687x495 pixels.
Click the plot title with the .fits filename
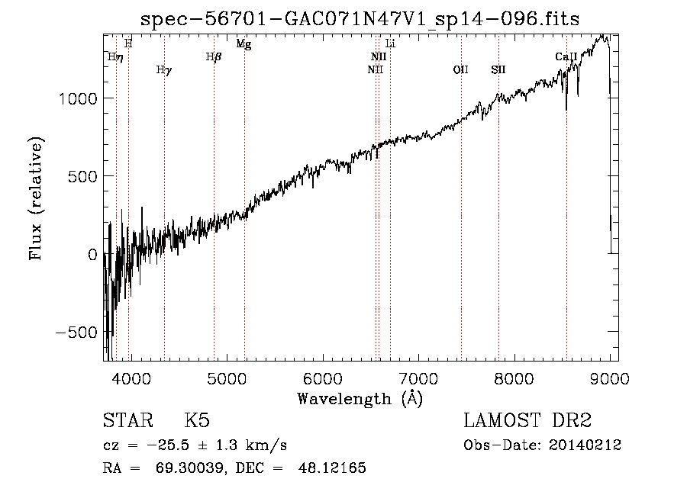[x=360, y=19]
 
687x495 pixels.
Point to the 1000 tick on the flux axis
[x=78, y=98]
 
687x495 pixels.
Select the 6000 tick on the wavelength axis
[x=323, y=378]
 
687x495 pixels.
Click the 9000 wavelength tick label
[x=609, y=378]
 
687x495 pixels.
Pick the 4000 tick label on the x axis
[x=131, y=378]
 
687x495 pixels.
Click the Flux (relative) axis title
[x=36, y=198]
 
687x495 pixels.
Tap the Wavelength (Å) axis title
[x=360, y=399]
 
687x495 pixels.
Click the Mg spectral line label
[x=244, y=43]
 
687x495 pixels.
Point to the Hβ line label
[x=214, y=57]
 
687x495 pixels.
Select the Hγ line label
[x=164, y=70]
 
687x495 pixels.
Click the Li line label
[x=390, y=43]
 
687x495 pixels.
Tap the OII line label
[x=460, y=69]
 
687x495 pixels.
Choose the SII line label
[x=498, y=69]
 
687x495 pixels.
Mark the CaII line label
[x=566, y=56]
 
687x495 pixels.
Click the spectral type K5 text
[x=197, y=420]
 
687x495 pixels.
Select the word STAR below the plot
[x=128, y=420]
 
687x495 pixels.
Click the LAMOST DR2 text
[x=527, y=420]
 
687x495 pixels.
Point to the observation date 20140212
[x=585, y=445]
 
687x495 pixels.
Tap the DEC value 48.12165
[x=332, y=468]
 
